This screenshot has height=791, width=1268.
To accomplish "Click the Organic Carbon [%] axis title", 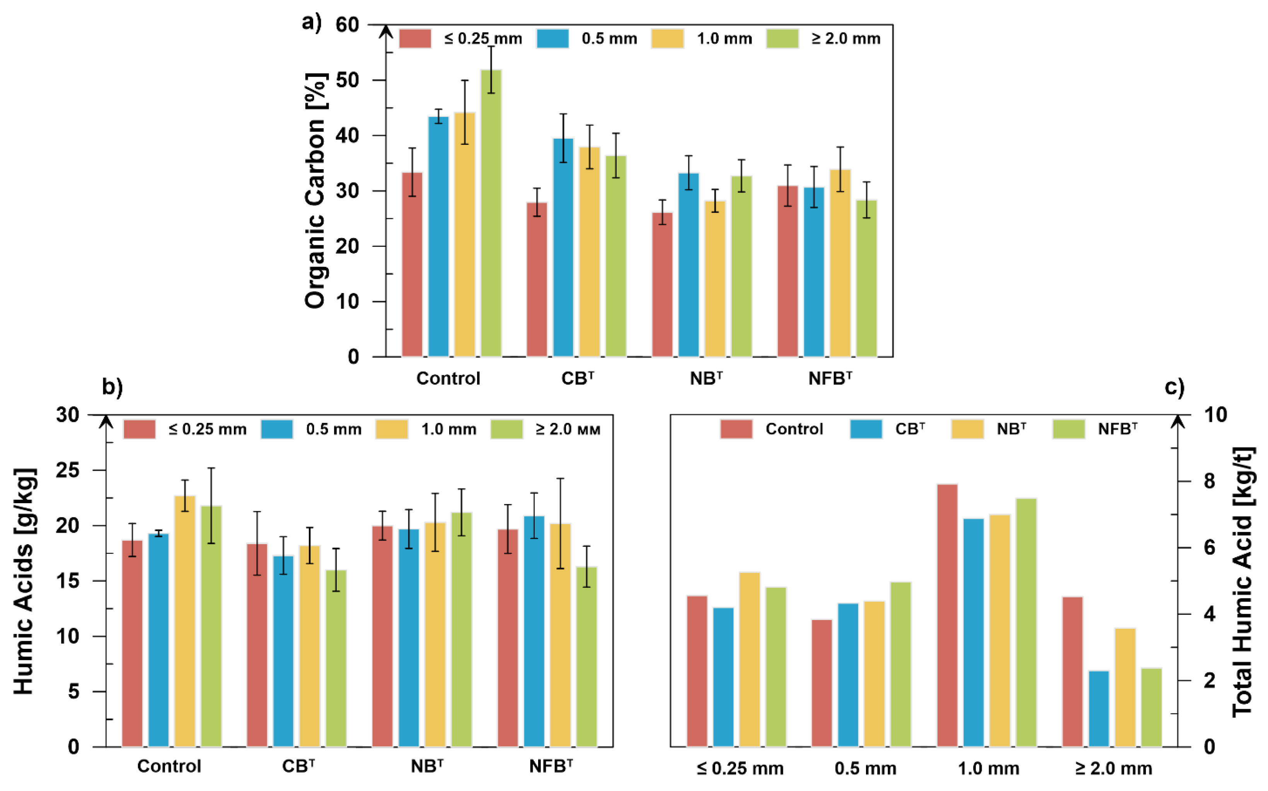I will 316,190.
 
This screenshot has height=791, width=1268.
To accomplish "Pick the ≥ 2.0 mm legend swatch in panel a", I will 782,39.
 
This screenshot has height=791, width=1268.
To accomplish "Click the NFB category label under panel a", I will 830,378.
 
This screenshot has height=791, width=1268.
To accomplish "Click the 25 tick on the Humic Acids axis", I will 68,470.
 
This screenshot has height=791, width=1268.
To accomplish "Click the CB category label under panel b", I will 298,766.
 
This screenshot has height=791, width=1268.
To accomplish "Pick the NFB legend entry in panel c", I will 1117,429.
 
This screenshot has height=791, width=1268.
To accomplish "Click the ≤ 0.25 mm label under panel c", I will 740,769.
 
